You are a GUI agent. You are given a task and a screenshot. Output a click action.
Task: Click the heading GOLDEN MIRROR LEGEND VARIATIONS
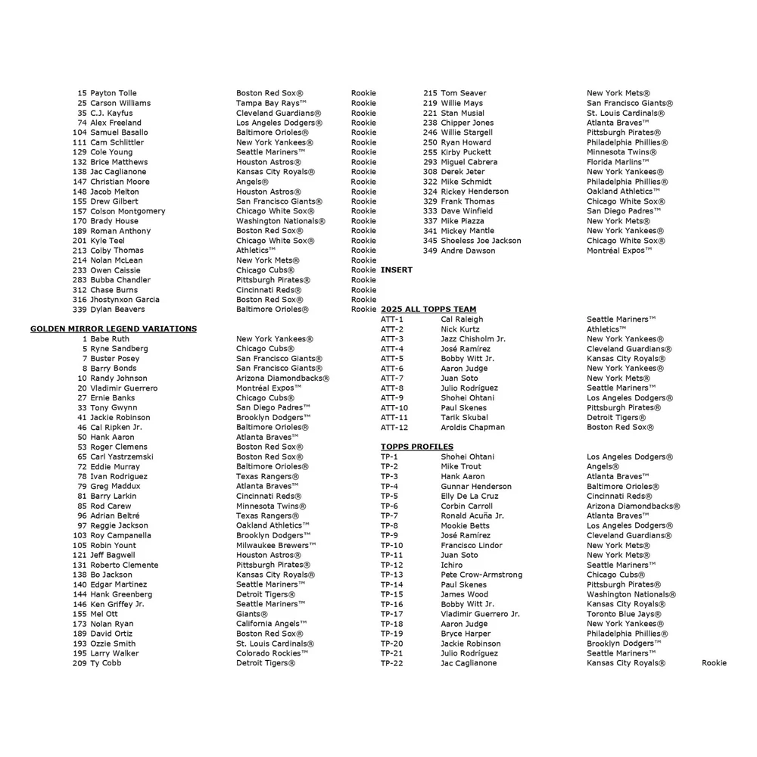tap(114, 329)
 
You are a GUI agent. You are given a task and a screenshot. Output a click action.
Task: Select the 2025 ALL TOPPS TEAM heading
tap(428, 310)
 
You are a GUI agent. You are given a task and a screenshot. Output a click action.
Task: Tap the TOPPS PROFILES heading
tap(416, 447)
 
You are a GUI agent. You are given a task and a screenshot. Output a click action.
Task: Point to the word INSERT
tap(397, 270)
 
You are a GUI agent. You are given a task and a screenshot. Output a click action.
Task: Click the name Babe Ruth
tap(110, 339)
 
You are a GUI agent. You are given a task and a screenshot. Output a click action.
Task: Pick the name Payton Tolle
tap(114, 93)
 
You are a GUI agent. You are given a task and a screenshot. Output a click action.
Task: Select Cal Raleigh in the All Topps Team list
tap(462, 319)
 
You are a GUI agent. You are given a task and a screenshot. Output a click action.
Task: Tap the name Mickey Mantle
tap(467, 231)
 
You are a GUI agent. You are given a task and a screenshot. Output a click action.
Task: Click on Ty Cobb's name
tap(106, 663)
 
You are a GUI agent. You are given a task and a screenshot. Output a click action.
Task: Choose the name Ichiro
tap(452, 565)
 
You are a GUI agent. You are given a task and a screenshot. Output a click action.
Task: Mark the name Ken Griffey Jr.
tap(117, 604)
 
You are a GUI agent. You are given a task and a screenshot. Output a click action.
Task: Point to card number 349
tap(430, 251)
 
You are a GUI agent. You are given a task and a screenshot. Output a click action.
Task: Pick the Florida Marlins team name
tap(618, 162)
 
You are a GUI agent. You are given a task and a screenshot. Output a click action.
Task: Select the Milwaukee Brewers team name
tap(276, 545)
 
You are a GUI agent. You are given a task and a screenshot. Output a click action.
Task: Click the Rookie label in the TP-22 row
tap(714, 663)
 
